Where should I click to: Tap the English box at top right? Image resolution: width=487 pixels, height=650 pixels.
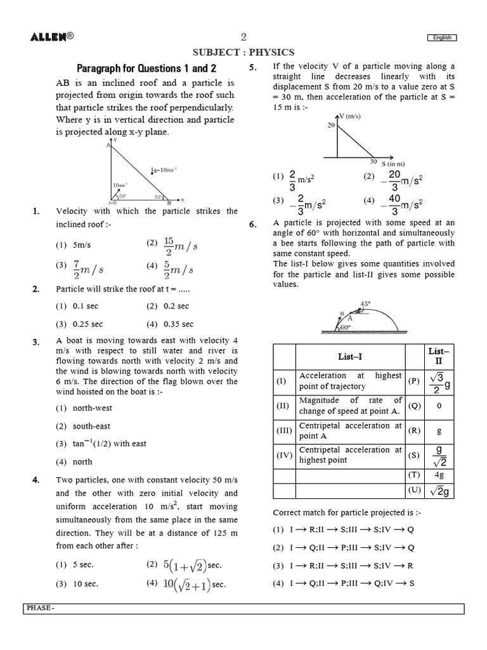click(x=442, y=37)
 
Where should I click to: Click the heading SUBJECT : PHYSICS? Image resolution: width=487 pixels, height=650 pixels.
click(x=243, y=53)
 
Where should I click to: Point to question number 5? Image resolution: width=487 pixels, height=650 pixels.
click(x=252, y=67)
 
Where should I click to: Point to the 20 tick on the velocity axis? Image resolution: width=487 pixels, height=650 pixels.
click(x=330, y=126)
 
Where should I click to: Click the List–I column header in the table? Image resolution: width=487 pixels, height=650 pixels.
click(x=349, y=357)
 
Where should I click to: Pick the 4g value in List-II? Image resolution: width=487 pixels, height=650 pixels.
click(x=439, y=475)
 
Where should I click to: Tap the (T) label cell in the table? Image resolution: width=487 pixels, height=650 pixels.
click(x=414, y=475)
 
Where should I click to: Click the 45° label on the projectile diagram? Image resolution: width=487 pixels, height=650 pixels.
click(x=365, y=304)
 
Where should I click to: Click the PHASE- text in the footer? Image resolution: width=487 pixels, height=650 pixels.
click(x=41, y=608)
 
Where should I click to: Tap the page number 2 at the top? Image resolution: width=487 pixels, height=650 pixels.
click(x=243, y=37)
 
